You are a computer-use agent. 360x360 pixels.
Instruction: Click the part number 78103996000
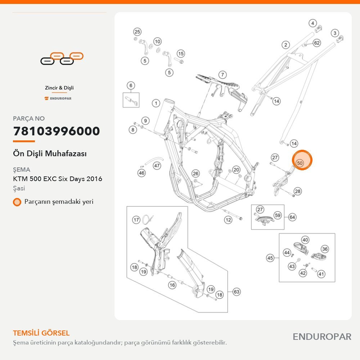point(57,131)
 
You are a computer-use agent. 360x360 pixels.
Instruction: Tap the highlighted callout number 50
point(300,163)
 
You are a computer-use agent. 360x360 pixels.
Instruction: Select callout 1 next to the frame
point(156,103)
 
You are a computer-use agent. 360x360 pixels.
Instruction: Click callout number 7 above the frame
point(222,75)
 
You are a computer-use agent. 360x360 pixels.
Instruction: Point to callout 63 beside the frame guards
point(237,292)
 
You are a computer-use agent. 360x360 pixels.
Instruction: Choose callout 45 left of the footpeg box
point(270,258)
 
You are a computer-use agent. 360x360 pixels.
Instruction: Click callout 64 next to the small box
point(292,217)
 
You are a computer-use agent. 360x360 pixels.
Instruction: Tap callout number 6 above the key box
point(131,86)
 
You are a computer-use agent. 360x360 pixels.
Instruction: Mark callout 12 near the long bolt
point(228,220)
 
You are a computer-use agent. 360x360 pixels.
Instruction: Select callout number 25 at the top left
point(137,32)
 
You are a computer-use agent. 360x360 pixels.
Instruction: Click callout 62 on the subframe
point(317,43)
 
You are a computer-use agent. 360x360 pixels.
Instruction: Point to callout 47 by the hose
point(157,166)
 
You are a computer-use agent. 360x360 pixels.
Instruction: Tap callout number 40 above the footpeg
point(305,240)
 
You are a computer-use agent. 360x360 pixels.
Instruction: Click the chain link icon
point(62,59)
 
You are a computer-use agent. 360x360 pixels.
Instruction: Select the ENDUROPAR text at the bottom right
point(322,337)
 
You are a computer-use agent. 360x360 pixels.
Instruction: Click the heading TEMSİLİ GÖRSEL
point(41,333)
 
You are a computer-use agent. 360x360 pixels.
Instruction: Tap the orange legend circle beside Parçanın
point(17,202)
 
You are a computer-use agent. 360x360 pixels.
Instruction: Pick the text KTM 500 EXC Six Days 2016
point(57,179)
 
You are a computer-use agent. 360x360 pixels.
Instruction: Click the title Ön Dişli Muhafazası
point(50,154)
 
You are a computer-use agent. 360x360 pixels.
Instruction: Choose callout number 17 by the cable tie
point(136,220)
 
